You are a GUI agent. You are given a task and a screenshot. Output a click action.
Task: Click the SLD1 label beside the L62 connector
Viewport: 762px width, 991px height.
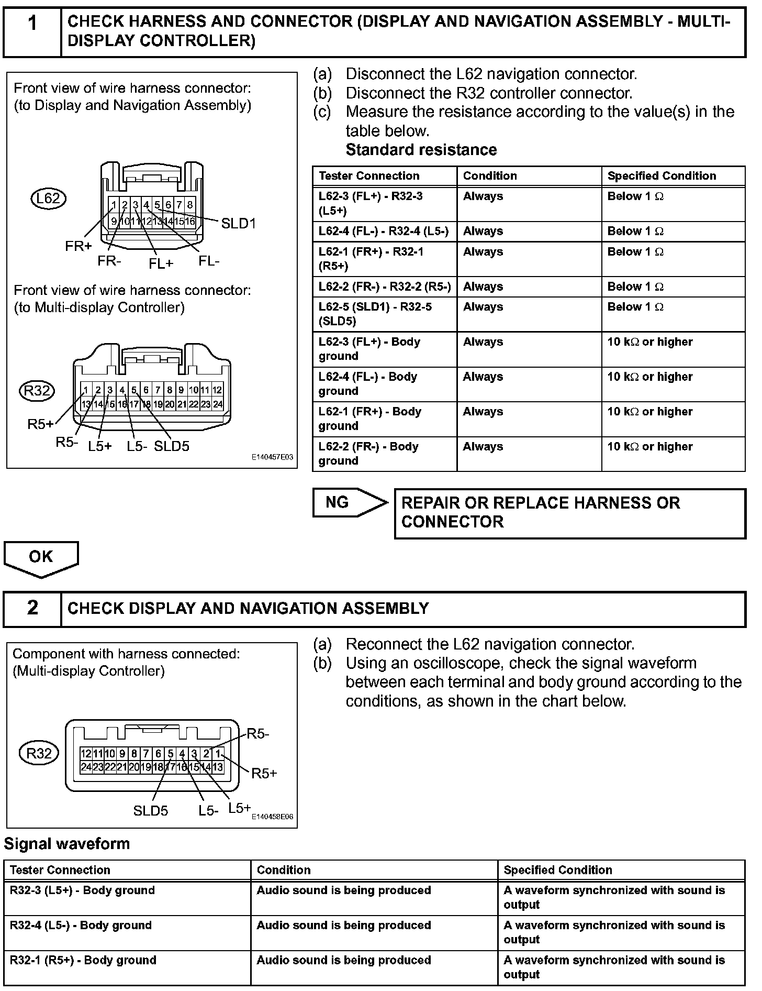238,224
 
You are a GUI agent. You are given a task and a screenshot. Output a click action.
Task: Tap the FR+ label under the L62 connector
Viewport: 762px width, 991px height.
79,246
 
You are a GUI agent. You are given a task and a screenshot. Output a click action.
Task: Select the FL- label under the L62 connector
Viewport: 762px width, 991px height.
209,261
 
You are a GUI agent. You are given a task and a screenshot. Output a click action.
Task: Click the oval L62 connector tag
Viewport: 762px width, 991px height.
48,199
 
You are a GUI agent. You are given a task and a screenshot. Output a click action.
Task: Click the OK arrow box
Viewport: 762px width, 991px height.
41,557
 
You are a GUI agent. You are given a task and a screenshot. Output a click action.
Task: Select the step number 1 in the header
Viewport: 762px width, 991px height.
32,24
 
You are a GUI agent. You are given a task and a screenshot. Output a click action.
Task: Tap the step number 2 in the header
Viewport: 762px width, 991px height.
32,608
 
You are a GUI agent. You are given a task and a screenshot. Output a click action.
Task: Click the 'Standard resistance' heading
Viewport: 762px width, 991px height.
421,150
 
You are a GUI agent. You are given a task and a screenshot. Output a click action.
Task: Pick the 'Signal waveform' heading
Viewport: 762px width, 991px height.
67,844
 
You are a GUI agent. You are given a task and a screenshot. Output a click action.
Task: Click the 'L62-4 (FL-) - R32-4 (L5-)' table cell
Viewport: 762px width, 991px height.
384,231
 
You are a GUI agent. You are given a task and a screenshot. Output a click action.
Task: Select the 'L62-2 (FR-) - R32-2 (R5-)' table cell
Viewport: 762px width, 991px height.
385,287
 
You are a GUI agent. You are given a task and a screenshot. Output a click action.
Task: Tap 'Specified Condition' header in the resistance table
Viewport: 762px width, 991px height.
662,176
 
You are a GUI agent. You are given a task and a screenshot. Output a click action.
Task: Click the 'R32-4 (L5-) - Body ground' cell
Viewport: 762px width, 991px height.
81,925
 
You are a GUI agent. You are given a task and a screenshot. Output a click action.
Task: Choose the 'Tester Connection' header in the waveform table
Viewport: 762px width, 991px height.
60,870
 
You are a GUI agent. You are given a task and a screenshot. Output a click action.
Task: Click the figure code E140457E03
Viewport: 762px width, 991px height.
272,457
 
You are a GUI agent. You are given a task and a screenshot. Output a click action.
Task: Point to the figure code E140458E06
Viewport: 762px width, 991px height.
272,817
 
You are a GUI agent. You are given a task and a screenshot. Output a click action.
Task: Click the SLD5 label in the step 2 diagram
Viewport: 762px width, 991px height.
151,810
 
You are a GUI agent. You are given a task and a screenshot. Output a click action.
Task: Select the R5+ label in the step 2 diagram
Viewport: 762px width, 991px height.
264,773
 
